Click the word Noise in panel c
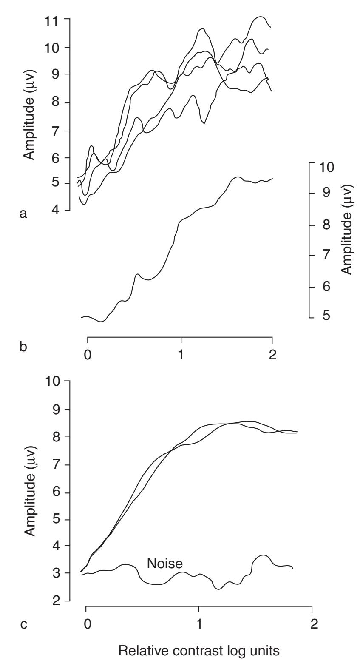pos(164,564)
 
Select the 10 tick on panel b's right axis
pos(326,166)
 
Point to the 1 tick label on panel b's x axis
pos(181,355)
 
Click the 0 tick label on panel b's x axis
pos(87,355)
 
